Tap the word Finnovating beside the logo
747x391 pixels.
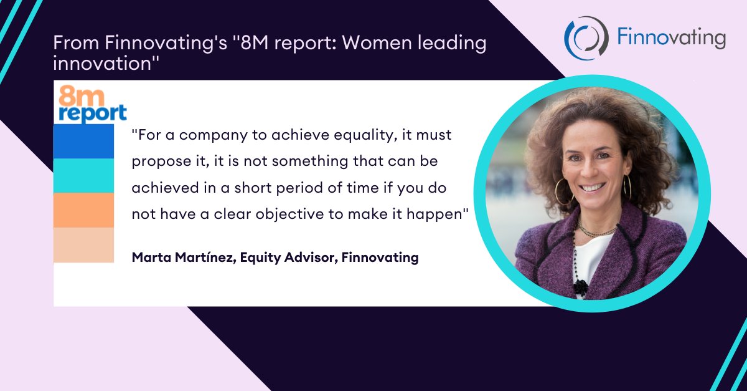click(671, 39)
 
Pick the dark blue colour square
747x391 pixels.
click(84, 142)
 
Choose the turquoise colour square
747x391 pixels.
click(84, 176)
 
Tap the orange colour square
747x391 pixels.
click(84, 210)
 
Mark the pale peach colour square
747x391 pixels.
click(84, 244)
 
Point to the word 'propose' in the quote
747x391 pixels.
click(156, 161)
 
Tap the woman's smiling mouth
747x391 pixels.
click(592, 186)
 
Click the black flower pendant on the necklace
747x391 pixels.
click(580, 287)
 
